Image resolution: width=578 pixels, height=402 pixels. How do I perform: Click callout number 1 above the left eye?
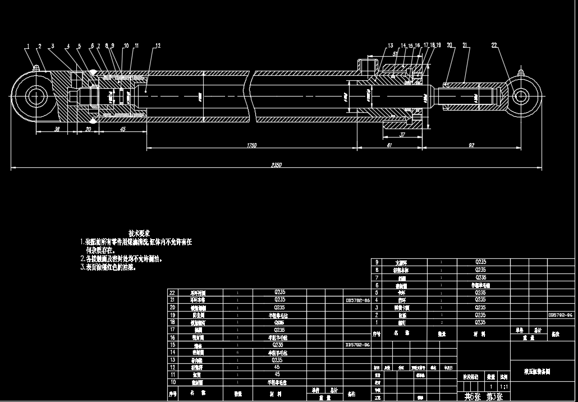pyautogui.click(x=27, y=46)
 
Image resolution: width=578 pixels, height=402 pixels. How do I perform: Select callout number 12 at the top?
pyautogui.click(x=158, y=45)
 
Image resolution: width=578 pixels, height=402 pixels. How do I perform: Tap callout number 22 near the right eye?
pyautogui.click(x=494, y=45)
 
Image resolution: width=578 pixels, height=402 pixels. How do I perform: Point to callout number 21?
pyautogui.click(x=465, y=45)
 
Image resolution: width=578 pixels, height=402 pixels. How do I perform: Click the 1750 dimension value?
pyautogui.click(x=251, y=145)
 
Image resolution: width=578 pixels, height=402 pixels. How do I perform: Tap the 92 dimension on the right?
pyautogui.click(x=471, y=145)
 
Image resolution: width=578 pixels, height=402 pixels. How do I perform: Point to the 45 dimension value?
pyautogui.click(x=123, y=129)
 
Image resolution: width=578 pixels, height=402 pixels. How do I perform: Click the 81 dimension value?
pyautogui.click(x=373, y=145)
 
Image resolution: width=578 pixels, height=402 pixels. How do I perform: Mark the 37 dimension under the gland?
pyautogui.click(x=402, y=135)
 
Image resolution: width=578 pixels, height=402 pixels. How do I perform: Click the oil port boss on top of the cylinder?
pyautogui.click(x=368, y=64)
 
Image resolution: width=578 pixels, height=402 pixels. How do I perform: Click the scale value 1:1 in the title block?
pyautogui.click(x=503, y=387)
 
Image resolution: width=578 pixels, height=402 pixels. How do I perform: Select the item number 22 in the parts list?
pyautogui.click(x=172, y=293)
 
